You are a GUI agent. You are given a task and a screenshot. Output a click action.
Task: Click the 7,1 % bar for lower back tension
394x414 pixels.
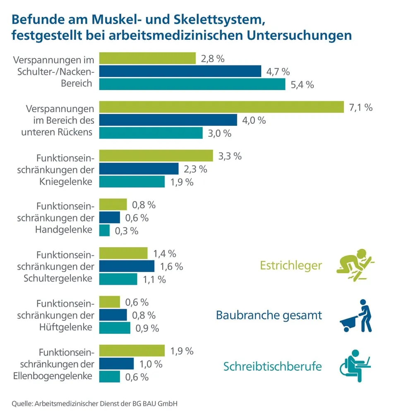point(221,107)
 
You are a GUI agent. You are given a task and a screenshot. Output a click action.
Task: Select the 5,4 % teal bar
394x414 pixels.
point(192,84)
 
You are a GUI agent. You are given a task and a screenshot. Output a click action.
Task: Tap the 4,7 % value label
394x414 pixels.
point(278,72)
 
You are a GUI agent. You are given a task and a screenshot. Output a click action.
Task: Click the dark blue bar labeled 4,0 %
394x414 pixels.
point(168,120)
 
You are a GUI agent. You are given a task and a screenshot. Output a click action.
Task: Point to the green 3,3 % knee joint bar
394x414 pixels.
point(156,156)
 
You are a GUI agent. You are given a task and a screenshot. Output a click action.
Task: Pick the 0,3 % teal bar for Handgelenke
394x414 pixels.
point(104,231)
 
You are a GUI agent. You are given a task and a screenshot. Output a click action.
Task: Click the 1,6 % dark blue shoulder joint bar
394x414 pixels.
point(127,266)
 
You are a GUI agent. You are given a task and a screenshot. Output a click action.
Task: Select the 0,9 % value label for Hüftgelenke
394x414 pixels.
point(147,328)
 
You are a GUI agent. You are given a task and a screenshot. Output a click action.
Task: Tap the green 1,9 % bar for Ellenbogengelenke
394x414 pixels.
point(132,351)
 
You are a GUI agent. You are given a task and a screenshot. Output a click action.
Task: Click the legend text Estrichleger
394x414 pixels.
point(291,265)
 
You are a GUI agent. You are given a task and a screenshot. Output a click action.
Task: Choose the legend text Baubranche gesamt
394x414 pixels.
point(269,315)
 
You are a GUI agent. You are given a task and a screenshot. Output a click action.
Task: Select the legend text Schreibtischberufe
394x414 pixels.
point(272,366)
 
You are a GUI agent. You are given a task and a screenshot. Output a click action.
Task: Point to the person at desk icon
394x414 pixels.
point(356,366)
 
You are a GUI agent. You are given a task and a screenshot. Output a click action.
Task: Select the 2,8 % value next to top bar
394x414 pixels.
point(213,59)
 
